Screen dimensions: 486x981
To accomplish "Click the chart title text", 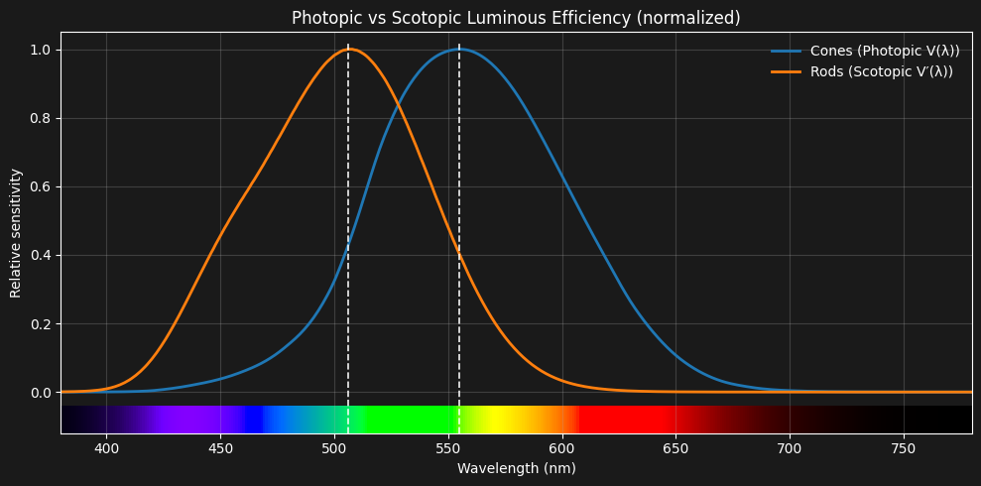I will pyautogui.click(x=516, y=18).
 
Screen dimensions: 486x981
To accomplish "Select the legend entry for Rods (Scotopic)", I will pyautogui.click(x=881, y=71).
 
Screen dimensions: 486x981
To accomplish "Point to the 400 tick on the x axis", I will pyautogui.click(x=106, y=447).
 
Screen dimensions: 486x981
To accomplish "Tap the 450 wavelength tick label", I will pyautogui.click(x=220, y=447).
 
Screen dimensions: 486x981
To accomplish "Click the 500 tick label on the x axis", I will pyautogui.click(x=334, y=447).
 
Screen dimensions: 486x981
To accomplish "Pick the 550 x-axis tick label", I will pyautogui.click(x=448, y=447).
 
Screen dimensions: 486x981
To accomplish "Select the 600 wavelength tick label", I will pyautogui.click(x=562, y=447).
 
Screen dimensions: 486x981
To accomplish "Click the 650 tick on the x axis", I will pyautogui.click(x=676, y=447).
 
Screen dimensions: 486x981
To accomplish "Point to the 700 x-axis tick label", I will pyautogui.click(x=790, y=447).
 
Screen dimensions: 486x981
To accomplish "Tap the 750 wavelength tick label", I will pyautogui.click(x=904, y=447).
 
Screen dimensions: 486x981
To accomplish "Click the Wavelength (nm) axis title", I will pyautogui.click(x=516, y=468).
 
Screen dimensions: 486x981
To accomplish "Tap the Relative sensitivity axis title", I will pyautogui.click(x=16, y=233).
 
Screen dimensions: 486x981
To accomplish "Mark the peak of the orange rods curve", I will pyautogui.click(x=349, y=50).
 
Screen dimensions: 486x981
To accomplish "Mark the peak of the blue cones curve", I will pyautogui.click(x=459, y=50).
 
